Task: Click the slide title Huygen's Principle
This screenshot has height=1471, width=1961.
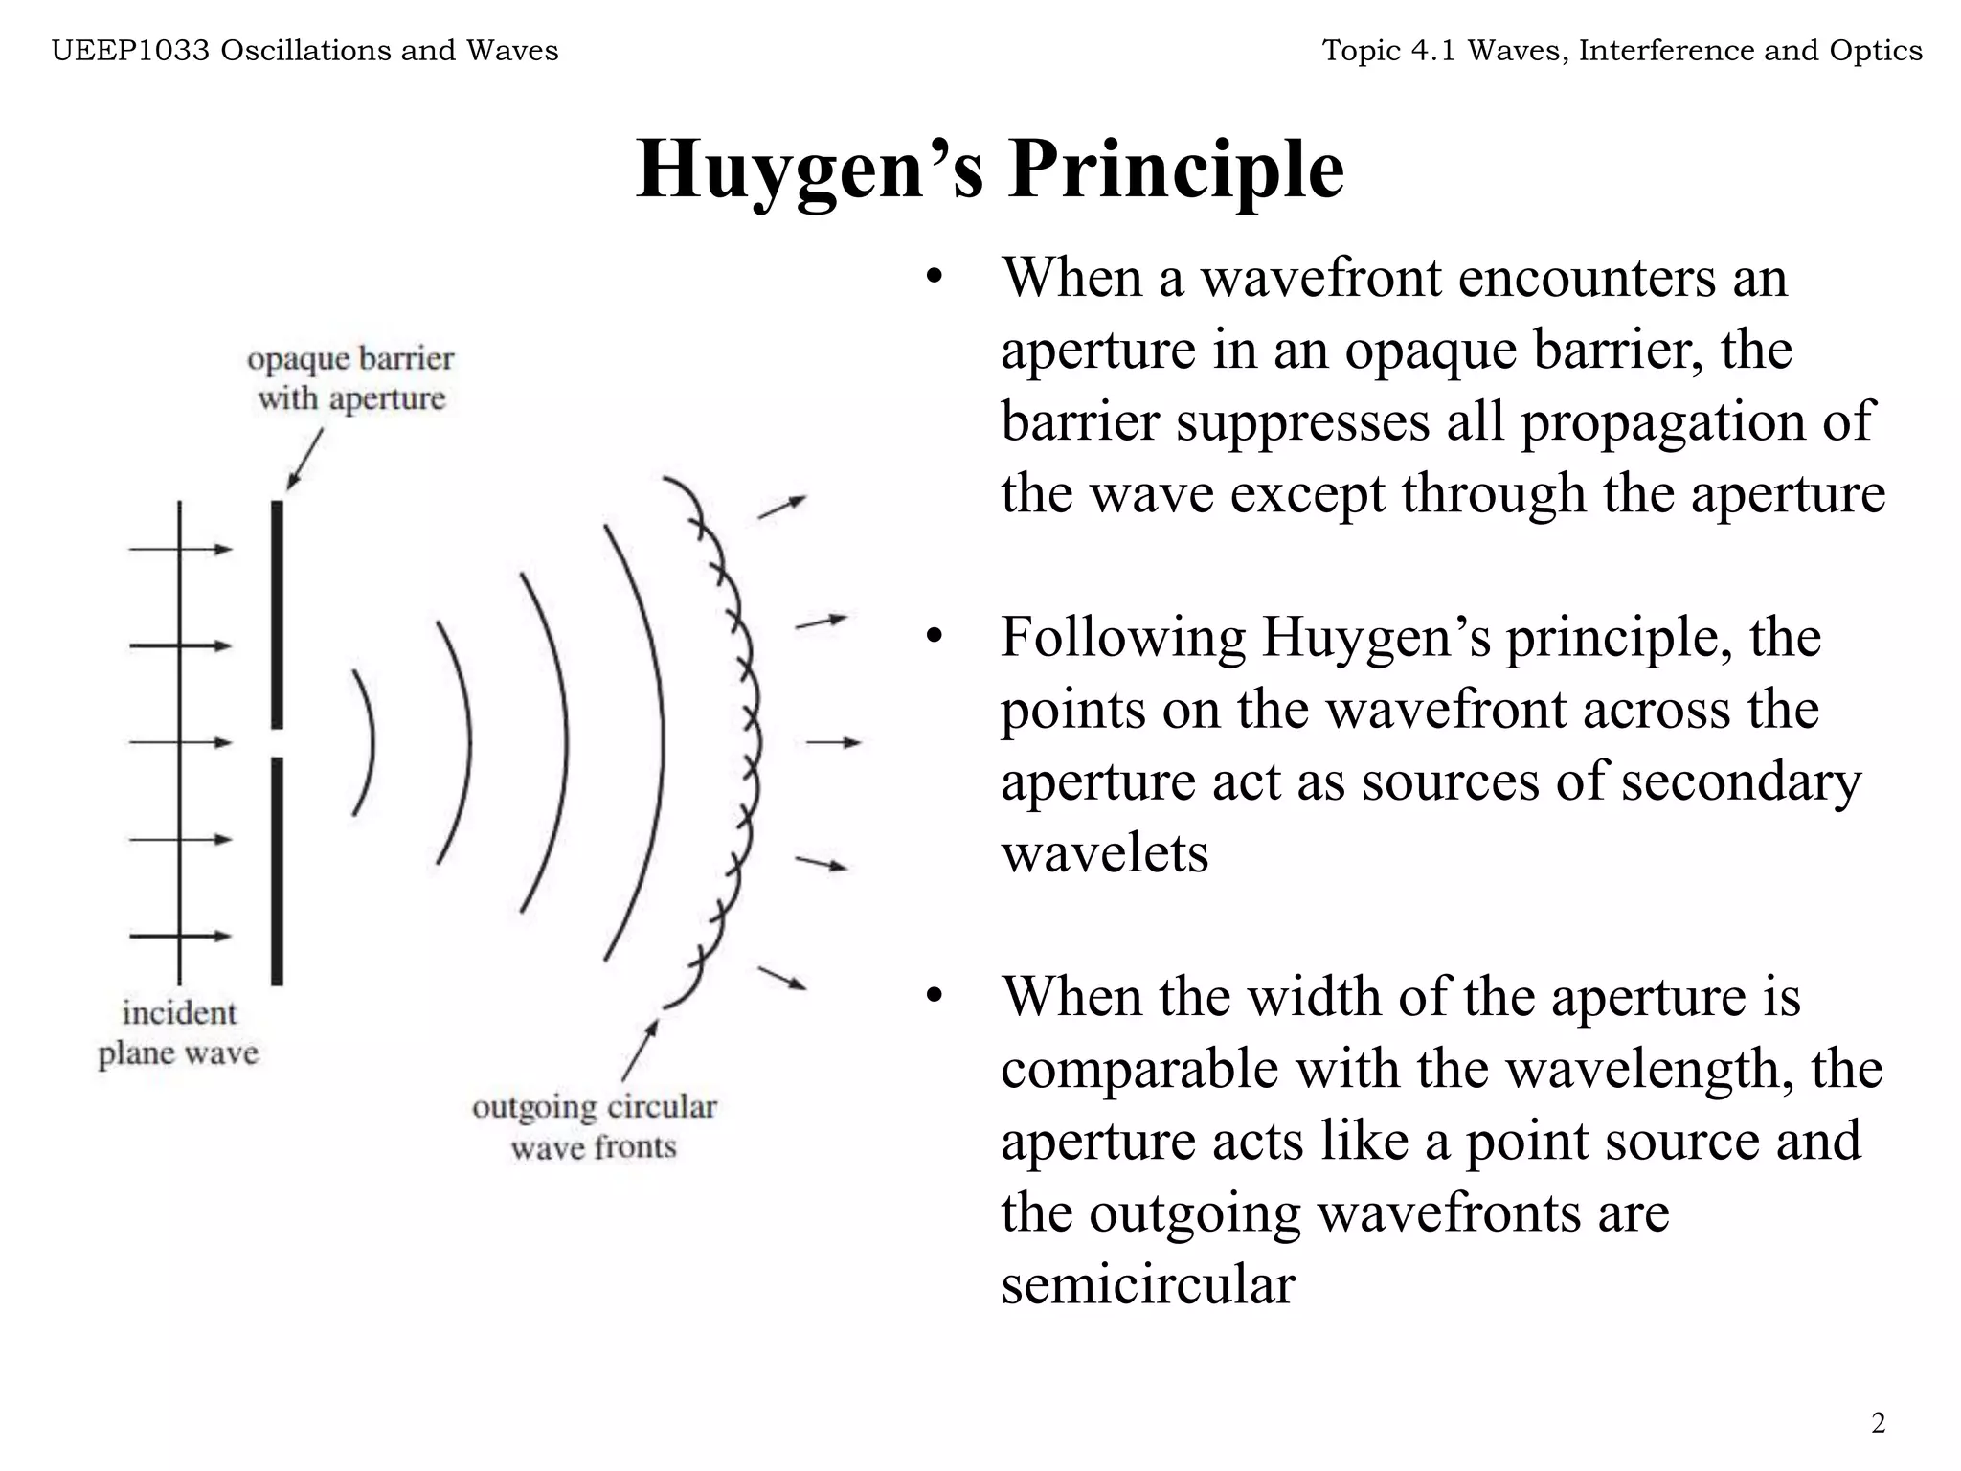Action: click(990, 170)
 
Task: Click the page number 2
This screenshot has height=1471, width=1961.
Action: click(1878, 1422)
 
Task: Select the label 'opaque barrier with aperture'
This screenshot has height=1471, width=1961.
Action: click(351, 378)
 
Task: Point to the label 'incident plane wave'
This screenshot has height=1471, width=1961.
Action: click(179, 1033)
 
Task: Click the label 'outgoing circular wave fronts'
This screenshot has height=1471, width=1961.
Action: click(594, 1126)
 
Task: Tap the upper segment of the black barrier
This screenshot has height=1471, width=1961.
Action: click(277, 613)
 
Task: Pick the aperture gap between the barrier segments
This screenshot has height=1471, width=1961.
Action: click(277, 743)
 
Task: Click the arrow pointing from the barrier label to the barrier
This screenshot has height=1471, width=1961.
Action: click(304, 460)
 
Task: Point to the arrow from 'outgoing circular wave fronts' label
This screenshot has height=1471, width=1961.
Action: click(640, 1051)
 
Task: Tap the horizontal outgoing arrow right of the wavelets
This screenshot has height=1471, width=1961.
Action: click(833, 742)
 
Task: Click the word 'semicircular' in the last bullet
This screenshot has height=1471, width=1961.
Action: click(1147, 1283)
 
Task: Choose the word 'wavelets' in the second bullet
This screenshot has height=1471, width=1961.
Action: click(1104, 852)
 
